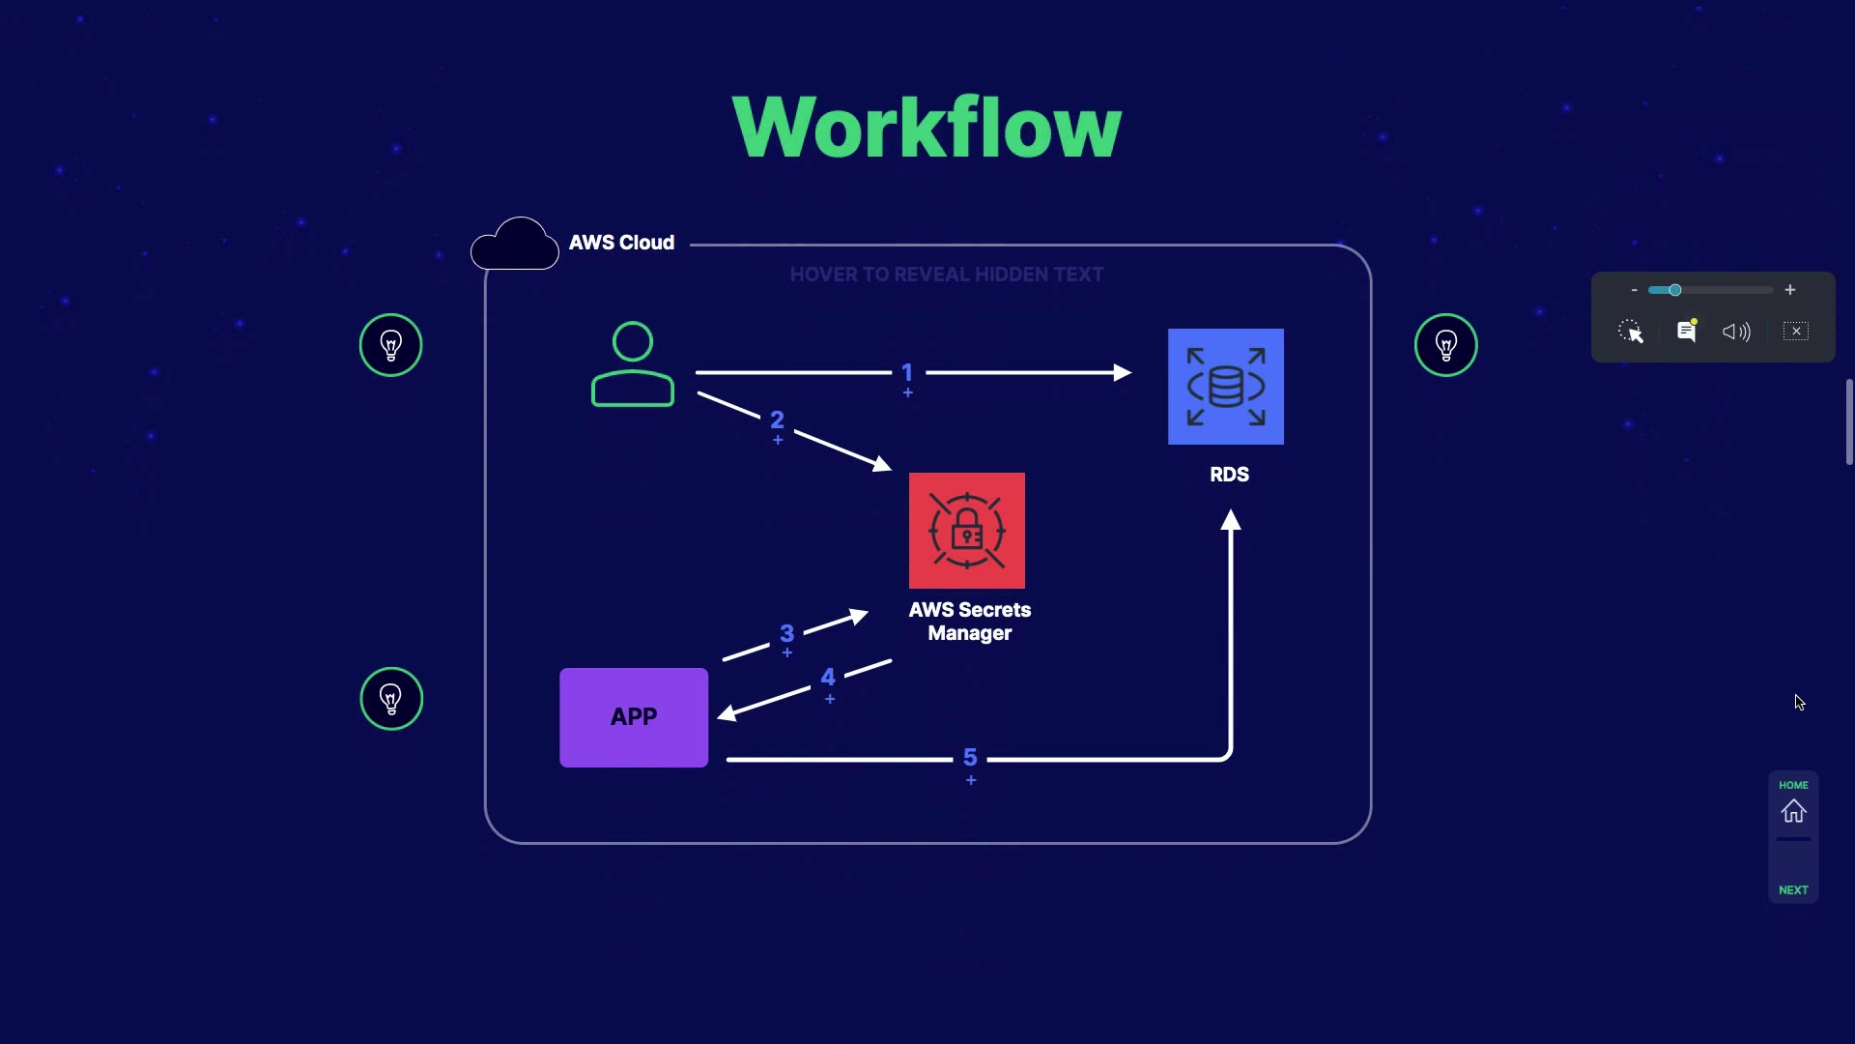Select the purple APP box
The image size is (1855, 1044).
[634, 717]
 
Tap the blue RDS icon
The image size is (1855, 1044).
[1225, 387]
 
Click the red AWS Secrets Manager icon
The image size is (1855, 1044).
[966, 531]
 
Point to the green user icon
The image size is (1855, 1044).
[633, 364]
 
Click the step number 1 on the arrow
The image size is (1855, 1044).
[907, 372]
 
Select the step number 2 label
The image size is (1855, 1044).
[777, 420]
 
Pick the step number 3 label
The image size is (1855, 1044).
[786, 633]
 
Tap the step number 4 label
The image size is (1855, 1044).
[828, 678]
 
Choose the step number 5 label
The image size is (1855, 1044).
[970, 757]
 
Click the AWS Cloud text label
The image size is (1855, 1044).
[621, 243]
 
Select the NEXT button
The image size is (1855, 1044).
[1793, 889]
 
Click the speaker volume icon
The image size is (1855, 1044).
[1736, 332]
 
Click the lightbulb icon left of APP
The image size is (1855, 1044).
[391, 698]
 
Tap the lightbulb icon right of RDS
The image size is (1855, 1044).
[1445, 345]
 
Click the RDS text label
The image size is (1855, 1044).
[1229, 475]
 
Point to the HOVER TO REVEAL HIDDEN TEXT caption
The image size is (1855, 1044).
[947, 275]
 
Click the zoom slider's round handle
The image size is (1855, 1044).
[1675, 290]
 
